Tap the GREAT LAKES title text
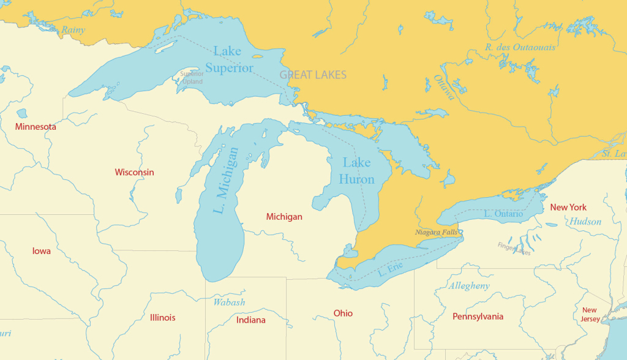coord(313,75)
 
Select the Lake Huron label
coord(356,171)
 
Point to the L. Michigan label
coord(226,180)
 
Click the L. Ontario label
coord(503,214)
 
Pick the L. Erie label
coord(389,268)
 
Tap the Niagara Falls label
coord(436,232)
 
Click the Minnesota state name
coord(36,127)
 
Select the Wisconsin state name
coord(134,172)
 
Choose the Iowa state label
coord(42,251)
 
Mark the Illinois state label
coord(162,317)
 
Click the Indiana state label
coord(251,320)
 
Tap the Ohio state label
coord(343,313)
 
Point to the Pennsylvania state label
coord(478,316)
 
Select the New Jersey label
coord(590,315)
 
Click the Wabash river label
coord(229,302)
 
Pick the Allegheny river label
coord(469,286)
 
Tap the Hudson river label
coord(585,222)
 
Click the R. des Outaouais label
coord(520,47)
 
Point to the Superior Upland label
coord(192,78)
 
